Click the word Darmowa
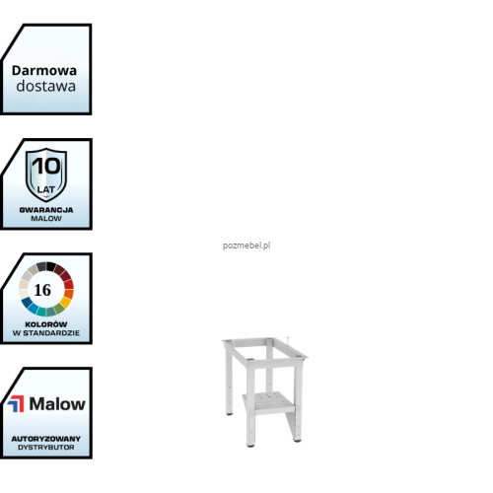click(44, 71)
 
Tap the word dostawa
click(46, 86)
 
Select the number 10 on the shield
click(46, 166)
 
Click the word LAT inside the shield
click(46, 189)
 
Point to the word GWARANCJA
click(46, 210)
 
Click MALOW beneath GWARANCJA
click(46, 219)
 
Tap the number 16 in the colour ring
click(42, 290)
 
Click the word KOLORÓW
click(46, 324)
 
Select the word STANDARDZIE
click(51, 333)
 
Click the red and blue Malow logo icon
click(16, 403)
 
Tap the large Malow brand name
click(57, 403)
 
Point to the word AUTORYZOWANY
click(46, 439)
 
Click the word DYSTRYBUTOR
click(46, 448)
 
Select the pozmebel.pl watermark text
click(246, 246)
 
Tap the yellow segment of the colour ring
click(66, 302)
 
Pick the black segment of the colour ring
click(51, 266)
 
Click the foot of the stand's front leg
click(250, 445)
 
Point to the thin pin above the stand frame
click(288, 341)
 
